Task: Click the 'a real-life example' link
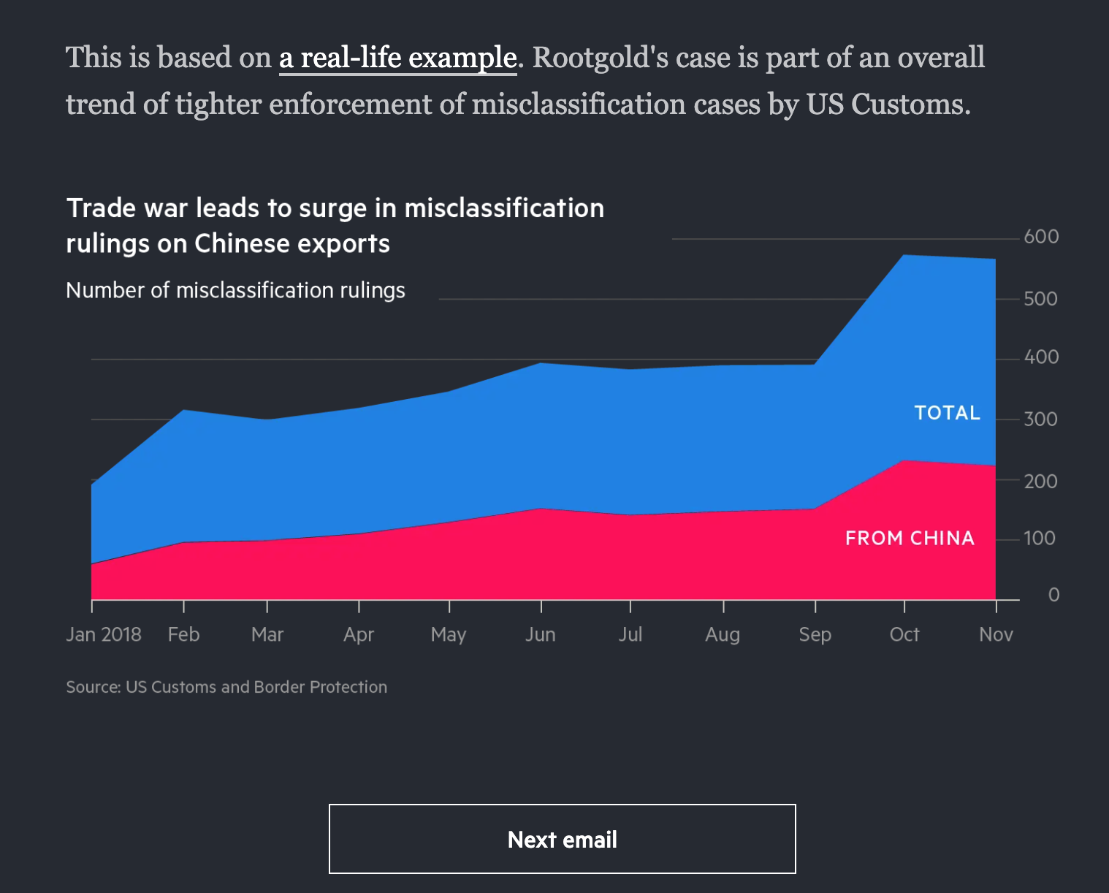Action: [x=398, y=58]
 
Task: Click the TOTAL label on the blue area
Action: [x=947, y=413]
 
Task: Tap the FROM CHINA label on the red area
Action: [x=910, y=539]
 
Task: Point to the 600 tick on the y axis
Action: [x=1041, y=237]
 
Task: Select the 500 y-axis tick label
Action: [x=1041, y=299]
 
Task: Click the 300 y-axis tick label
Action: [x=1041, y=419]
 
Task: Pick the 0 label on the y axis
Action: [x=1053, y=595]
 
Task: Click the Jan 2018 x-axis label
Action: [x=104, y=634]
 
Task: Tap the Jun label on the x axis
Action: [x=540, y=634]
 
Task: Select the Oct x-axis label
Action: [x=904, y=634]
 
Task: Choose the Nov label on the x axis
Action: [x=996, y=634]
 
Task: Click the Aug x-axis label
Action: [x=723, y=634]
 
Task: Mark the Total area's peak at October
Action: [x=904, y=255]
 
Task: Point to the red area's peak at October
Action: [x=904, y=460]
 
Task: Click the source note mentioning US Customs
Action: [x=226, y=687]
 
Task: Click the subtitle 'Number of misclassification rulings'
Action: [x=235, y=291]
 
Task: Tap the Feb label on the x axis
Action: [x=183, y=634]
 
